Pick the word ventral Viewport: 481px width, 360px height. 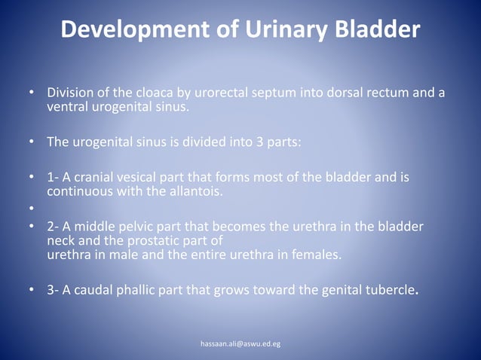point(67,107)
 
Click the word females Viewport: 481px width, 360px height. point(316,255)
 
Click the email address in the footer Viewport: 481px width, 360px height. point(240,343)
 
